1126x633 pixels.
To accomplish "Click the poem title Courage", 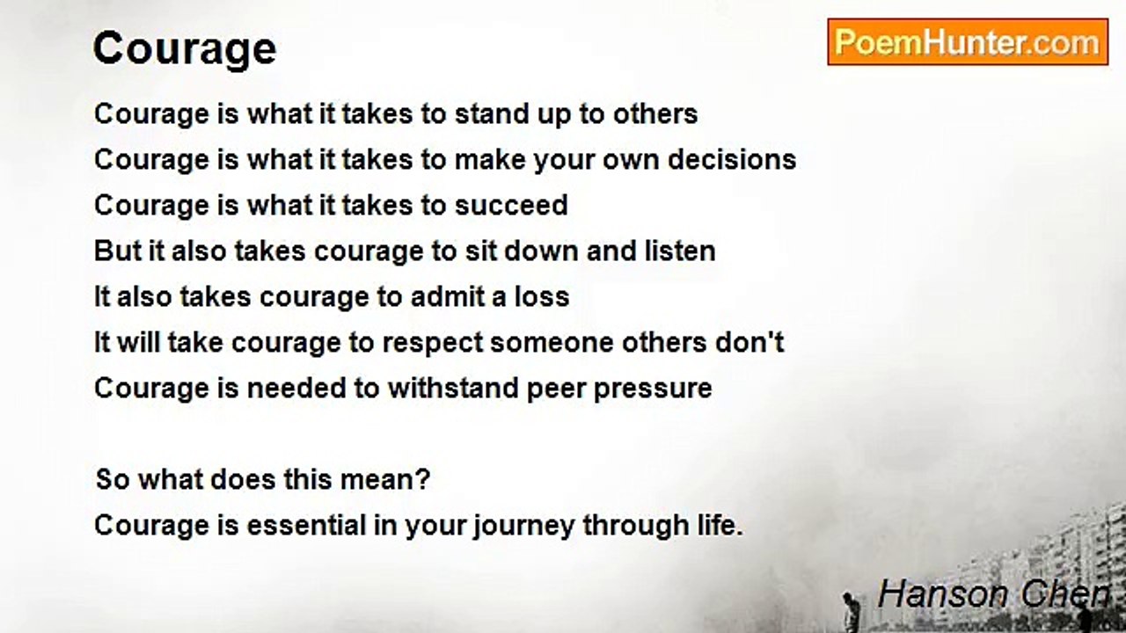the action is (185, 49).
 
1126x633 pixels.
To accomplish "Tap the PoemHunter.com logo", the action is (968, 42).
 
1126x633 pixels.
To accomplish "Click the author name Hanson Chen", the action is (993, 593).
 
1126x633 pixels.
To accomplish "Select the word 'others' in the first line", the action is (655, 113).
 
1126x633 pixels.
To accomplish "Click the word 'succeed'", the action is (511, 205).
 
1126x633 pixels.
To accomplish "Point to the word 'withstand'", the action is (453, 388).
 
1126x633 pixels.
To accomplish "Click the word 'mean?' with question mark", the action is (385, 479).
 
